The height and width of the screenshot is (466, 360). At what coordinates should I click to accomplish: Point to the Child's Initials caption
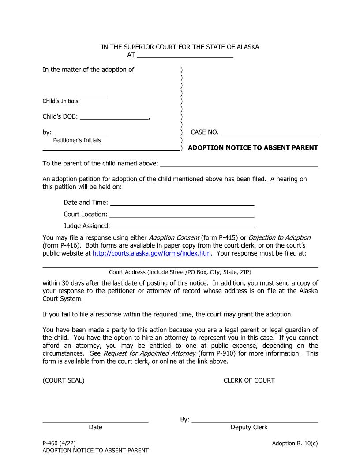pos(60,101)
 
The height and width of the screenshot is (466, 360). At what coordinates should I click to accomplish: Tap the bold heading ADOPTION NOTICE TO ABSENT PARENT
pos(253,148)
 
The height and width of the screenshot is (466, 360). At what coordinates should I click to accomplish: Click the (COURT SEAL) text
pos(64,380)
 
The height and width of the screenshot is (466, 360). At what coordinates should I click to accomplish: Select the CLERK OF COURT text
pos(249,380)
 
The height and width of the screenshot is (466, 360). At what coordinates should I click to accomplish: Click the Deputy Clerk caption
pos(249,427)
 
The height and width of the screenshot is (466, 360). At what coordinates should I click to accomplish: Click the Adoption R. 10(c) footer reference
pos(295,443)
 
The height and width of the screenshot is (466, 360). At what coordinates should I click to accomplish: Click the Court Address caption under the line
pos(180,272)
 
